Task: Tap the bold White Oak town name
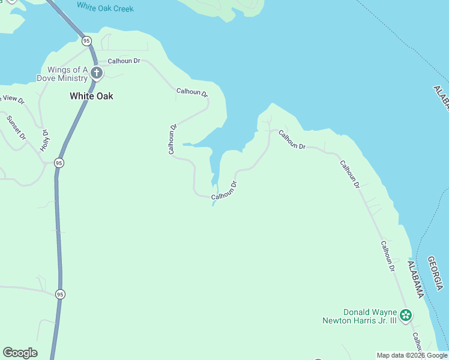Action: (x=91, y=96)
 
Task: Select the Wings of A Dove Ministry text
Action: (x=63, y=74)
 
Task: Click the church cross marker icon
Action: (x=97, y=74)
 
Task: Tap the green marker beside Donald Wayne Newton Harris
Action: (x=406, y=315)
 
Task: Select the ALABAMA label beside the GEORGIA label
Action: (x=415, y=280)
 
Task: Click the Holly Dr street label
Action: (x=44, y=140)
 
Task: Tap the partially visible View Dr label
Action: (x=12, y=100)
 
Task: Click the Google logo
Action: (x=20, y=353)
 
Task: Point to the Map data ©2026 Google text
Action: (x=412, y=355)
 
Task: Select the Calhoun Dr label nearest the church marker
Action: (x=124, y=61)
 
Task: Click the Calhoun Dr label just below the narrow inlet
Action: (x=224, y=191)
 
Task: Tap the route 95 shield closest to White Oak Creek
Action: (x=87, y=41)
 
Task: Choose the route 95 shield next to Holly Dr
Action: (x=58, y=163)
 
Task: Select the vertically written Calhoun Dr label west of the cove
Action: (x=173, y=139)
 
